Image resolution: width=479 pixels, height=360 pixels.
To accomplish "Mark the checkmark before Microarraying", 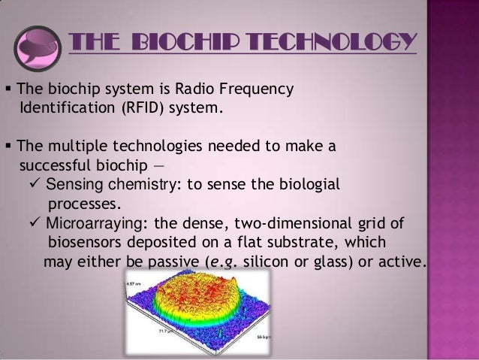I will (x=35, y=223).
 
